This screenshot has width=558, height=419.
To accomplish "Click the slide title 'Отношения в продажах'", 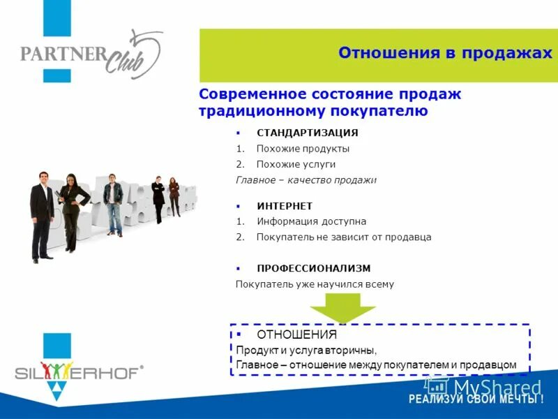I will (444, 54).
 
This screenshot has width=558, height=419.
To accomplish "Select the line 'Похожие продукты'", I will (303, 149).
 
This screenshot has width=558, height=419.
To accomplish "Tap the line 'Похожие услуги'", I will (296, 164).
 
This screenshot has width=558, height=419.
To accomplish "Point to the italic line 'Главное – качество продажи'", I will (306, 180).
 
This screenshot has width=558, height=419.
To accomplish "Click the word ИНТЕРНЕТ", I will (285, 206).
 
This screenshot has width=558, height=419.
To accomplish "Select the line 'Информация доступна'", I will (311, 221).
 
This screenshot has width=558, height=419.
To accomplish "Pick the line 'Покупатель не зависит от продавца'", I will (343, 237).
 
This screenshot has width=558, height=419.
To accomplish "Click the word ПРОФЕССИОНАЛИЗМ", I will (313, 268).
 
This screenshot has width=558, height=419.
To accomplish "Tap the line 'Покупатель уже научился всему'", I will (315, 284).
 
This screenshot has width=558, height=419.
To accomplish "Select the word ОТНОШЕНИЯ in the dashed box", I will (296, 335).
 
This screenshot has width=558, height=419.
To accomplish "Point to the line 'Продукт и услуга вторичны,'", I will (306, 350).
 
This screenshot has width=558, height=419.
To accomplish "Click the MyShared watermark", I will (488, 386).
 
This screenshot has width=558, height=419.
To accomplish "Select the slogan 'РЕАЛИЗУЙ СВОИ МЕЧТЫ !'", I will (476, 400).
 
